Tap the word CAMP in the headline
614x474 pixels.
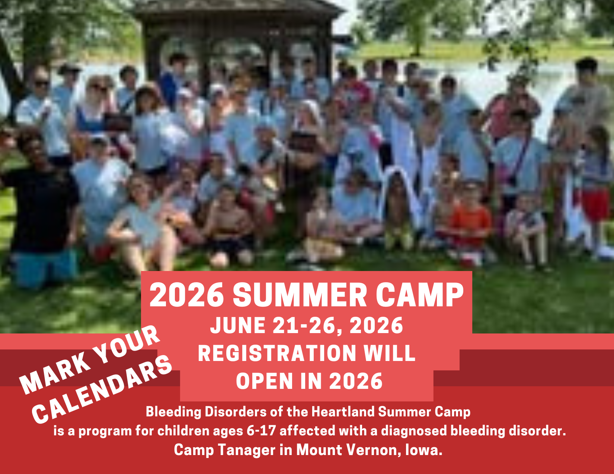[x=419, y=295]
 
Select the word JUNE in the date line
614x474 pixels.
[x=238, y=326]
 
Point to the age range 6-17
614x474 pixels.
[x=261, y=431]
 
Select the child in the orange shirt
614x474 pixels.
[x=471, y=223]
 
